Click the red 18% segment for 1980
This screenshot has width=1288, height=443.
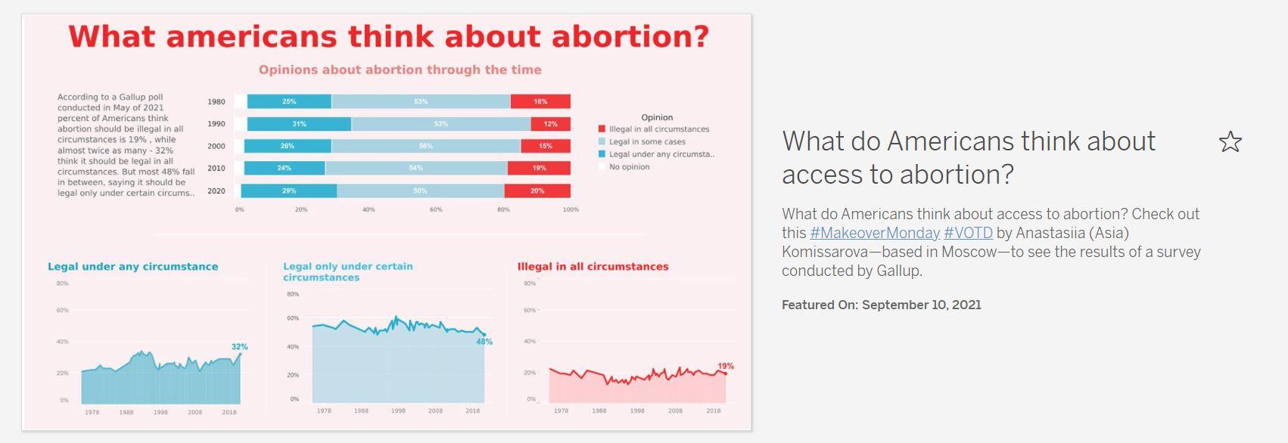point(540,101)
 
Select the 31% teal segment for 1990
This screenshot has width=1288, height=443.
point(299,124)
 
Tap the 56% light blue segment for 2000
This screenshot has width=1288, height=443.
point(425,146)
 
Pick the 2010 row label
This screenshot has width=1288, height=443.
point(216,169)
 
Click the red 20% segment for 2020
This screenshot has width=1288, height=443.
point(537,191)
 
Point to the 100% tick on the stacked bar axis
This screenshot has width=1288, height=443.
point(571,209)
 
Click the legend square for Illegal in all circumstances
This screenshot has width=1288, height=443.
point(602,129)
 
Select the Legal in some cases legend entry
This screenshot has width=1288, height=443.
point(647,142)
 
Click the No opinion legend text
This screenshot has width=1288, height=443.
point(629,167)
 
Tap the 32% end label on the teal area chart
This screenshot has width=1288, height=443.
point(240,347)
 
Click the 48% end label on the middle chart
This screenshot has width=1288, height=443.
point(484,342)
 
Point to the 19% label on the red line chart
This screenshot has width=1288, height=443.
point(726,366)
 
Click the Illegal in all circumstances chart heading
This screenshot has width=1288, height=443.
point(593,267)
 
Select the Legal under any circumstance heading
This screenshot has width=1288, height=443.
point(132,267)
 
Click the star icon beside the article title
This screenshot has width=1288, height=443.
point(1230,142)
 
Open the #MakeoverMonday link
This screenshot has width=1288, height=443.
point(875,233)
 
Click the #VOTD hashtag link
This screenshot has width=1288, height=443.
point(968,233)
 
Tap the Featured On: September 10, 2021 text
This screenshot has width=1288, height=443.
point(881,305)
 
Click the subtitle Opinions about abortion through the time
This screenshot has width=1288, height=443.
point(400,70)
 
